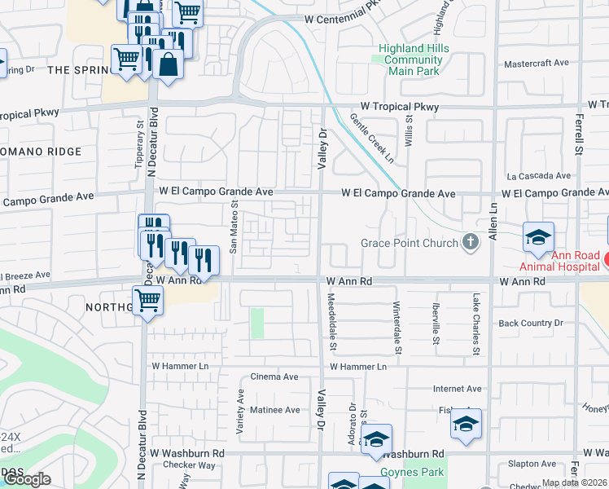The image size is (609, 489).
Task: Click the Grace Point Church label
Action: [409, 243]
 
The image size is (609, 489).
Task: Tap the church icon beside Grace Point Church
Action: [470, 242]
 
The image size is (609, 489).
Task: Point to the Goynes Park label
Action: [411, 472]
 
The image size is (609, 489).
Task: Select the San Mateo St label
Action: [234, 227]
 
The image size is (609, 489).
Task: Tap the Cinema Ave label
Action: [274, 377]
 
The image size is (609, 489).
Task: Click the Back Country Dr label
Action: [531, 323]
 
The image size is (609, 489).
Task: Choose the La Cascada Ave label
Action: [538, 175]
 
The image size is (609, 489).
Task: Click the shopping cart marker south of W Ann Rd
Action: [147, 300]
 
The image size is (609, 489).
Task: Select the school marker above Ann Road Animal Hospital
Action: [538, 237]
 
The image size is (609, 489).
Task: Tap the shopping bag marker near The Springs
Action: [168, 64]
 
